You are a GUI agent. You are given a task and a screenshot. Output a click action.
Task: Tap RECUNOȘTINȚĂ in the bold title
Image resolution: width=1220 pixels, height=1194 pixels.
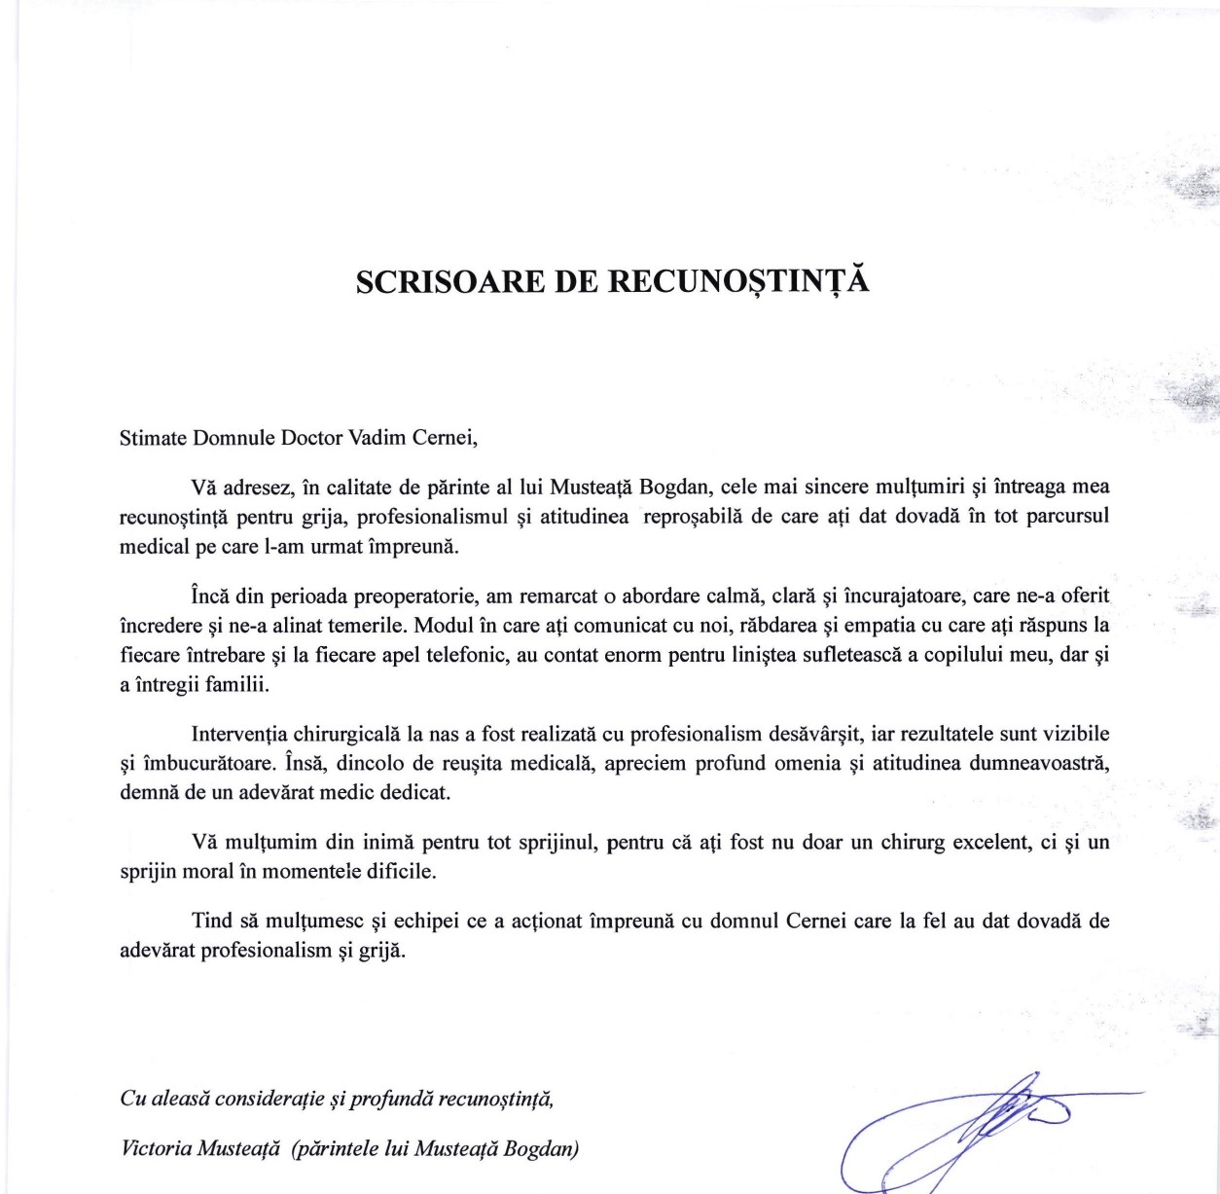(x=738, y=281)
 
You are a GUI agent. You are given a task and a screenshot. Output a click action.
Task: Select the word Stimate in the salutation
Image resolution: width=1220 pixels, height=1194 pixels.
(x=153, y=438)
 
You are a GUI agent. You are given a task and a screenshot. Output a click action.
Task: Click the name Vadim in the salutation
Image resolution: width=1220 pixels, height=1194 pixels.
(x=377, y=438)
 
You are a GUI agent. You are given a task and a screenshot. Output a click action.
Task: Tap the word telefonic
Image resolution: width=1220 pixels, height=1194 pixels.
(x=466, y=655)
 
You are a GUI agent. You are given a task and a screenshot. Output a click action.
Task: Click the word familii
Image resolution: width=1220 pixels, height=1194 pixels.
(x=237, y=684)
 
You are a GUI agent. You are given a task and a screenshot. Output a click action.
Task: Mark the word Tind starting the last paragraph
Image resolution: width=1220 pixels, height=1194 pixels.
(x=212, y=921)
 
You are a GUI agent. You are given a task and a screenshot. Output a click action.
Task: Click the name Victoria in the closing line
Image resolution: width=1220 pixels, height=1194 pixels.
(x=156, y=1149)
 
